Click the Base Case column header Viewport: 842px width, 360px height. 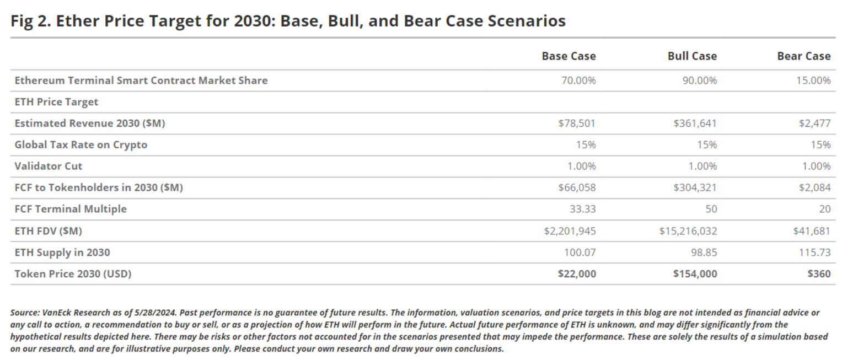[x=569, y=56]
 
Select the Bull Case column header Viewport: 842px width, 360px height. [x=692, y=56]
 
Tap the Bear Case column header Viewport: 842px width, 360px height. [x=803, y=56]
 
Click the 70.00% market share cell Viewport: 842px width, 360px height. [x=577, y=80]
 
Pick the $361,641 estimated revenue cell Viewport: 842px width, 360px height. [x=695, y=123]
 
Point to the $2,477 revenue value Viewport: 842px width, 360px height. [x=814, y=123]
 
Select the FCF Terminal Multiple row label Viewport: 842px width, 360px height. [x=71, y=209]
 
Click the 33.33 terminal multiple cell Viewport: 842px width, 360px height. [x=583, y=209]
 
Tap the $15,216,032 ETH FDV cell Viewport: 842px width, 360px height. [x=688, y=231]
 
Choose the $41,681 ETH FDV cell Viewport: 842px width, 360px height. [x=812, y=231]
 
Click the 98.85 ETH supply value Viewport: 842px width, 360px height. [x=704, y=252]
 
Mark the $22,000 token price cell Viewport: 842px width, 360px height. [x=577, y=274]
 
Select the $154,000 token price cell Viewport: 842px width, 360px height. [x=695, y=274]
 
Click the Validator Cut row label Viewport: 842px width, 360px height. [x=49, y=166]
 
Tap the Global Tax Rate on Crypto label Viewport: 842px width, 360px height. [x=81, y=145]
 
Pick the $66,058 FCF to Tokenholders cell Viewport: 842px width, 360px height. [x=577, y=188]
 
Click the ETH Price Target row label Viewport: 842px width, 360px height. [x=56, y=102]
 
